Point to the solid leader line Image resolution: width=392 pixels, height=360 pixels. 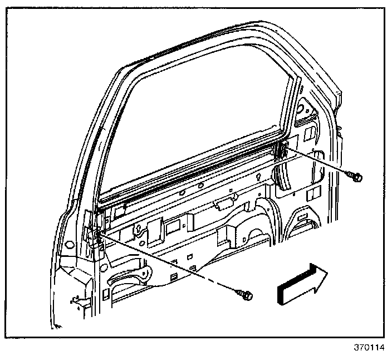[320, 162]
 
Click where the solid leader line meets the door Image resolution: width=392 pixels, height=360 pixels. [284, 149]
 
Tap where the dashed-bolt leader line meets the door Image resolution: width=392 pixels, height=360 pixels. [100, 237]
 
